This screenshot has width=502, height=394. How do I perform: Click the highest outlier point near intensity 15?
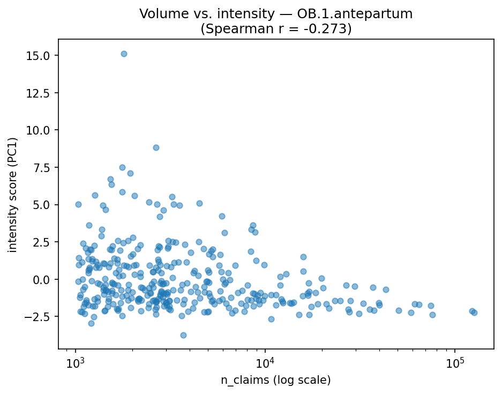click(x=124, y=54)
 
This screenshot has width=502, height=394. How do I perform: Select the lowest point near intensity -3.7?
click(x=183, y=335)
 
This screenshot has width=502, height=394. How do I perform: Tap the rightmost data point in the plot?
click(x=474, y=313)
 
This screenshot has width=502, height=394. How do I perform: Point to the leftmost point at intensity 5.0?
click(x=78, y=204)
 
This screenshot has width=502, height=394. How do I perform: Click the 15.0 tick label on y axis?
click(x=40, y=56)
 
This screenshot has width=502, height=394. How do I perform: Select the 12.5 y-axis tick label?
click(x=40, y=93)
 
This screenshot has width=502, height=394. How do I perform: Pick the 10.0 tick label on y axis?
click(x=40, y=130)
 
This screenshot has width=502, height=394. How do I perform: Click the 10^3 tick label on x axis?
click(x=76, y=363)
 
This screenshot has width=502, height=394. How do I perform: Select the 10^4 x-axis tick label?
click(x=265, y=363)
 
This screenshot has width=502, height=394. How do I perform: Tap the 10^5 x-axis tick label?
click(x=455, y=363)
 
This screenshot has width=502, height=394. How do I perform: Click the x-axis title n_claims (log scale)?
click(x=276, y=380)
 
